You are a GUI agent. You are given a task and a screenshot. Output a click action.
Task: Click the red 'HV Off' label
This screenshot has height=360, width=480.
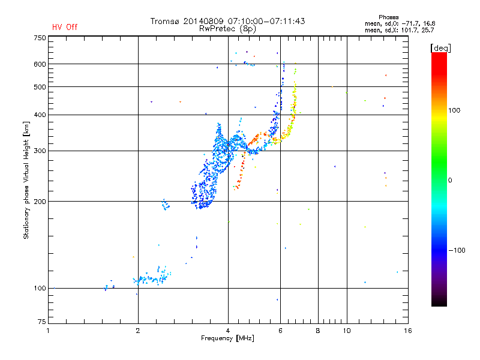click(x=64, y=27)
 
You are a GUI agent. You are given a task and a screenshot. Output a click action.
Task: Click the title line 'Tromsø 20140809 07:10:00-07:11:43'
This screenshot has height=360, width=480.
click(x=227, y=21)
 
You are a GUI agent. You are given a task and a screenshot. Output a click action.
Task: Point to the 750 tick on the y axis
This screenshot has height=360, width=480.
click(x=40, y=37)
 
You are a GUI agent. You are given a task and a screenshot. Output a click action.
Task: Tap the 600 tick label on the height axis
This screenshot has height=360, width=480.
click(x=40, y=64)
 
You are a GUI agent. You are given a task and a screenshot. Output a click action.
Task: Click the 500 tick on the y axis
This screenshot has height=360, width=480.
click(x=40, y=87)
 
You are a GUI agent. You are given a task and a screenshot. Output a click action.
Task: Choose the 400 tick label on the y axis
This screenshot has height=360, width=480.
click(x=40, y=115)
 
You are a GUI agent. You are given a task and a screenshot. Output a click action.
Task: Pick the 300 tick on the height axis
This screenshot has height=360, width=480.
click(x=40, y=151)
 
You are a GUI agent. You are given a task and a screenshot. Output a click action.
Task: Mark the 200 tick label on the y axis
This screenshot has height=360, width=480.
click(x=40, y=202)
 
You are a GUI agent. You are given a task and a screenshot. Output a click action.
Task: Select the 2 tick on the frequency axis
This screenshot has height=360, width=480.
click(x=138, y=331)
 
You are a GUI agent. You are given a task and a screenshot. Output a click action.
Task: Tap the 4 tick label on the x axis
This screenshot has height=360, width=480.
click(x=228, y=331)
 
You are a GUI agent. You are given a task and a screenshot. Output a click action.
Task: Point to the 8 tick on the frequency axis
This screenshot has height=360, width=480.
click(x=318, y=331)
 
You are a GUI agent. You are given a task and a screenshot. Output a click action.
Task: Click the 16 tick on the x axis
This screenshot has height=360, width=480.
click(x=407, y=331)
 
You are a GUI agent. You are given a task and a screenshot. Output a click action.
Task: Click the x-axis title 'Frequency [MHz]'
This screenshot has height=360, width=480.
click(x=227, y=339)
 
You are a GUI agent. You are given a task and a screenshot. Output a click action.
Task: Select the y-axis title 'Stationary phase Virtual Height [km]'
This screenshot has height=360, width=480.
click(x=26, y=180)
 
